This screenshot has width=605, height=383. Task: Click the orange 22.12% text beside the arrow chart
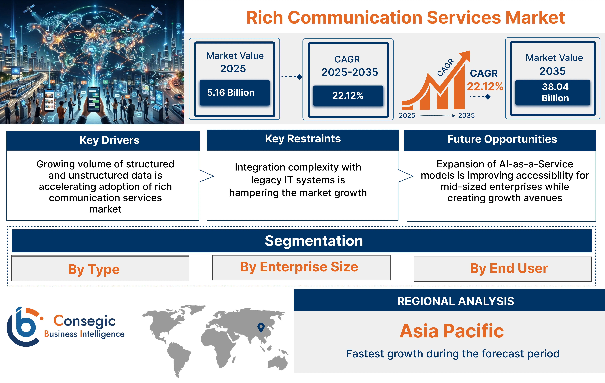point(485,86)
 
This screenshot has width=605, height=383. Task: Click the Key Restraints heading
point(303,139)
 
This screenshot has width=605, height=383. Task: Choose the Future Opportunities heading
point(502,139)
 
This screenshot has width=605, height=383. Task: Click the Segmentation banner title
point(314,241)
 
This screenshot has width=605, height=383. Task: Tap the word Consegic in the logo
point(84,321)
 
